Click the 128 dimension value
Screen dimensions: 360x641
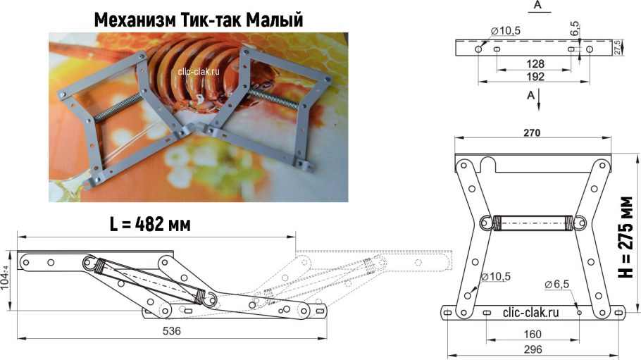pos(535,63)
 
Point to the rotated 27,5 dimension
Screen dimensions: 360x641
pos(618,47)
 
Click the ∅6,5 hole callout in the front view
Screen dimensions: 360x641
pos(557,284)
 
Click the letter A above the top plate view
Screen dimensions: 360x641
pos(537,6)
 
